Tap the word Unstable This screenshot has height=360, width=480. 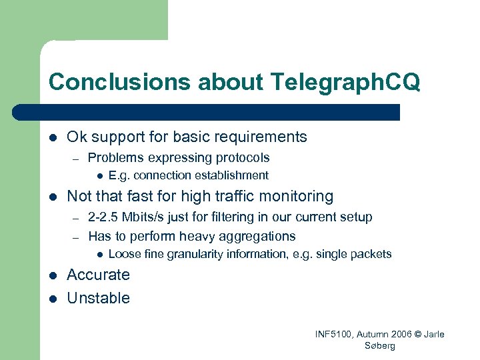98,298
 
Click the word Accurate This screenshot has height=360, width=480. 98,275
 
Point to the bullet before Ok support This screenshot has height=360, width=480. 53,137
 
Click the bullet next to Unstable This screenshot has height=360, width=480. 53,298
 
